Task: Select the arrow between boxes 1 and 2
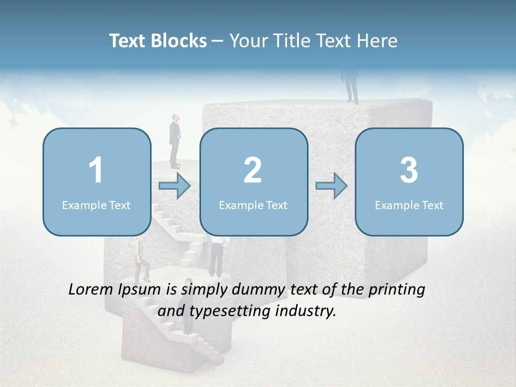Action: pos(175,187)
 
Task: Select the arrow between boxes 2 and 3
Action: pos(331,187)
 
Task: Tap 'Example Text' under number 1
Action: pos(96,205)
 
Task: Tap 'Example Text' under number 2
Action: pos(253,205)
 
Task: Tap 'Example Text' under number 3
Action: pos(409,205)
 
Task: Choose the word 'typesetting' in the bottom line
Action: pos(232,311)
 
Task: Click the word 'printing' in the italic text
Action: pos(397,290)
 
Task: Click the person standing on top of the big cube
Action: pos(351,86)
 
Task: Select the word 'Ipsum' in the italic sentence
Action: pos(139,290)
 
